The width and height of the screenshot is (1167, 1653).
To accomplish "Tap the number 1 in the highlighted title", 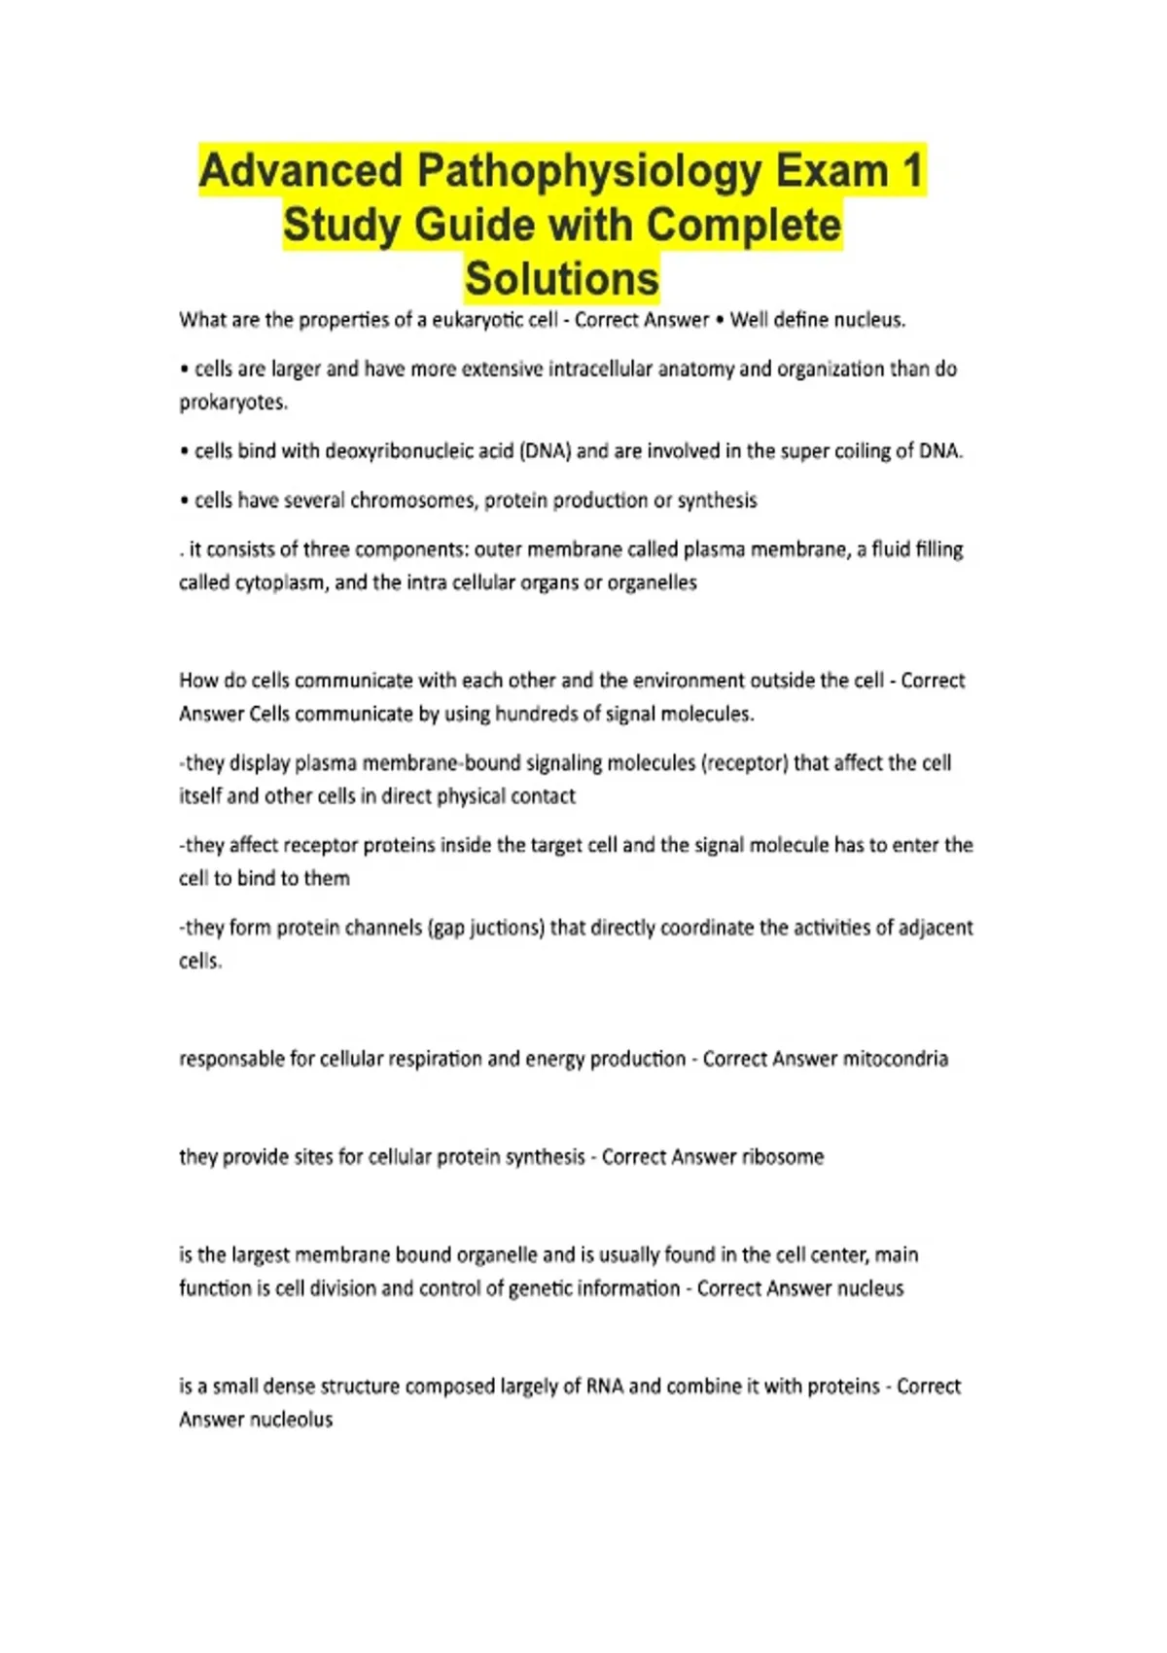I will [x=911, y=172].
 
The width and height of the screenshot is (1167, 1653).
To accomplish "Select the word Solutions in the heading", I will [x=562, y=279].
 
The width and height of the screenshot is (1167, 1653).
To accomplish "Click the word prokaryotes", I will [x=232, y=403].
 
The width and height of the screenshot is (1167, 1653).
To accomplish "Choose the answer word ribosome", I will [x=783, y=1157].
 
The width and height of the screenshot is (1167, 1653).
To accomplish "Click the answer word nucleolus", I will [x=292, y=1420].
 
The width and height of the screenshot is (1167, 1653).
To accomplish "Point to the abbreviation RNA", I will [x=605, y=1387].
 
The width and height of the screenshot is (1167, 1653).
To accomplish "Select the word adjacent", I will [x=934, y=928].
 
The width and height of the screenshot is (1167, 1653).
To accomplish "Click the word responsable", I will [x=231, y=1059].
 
